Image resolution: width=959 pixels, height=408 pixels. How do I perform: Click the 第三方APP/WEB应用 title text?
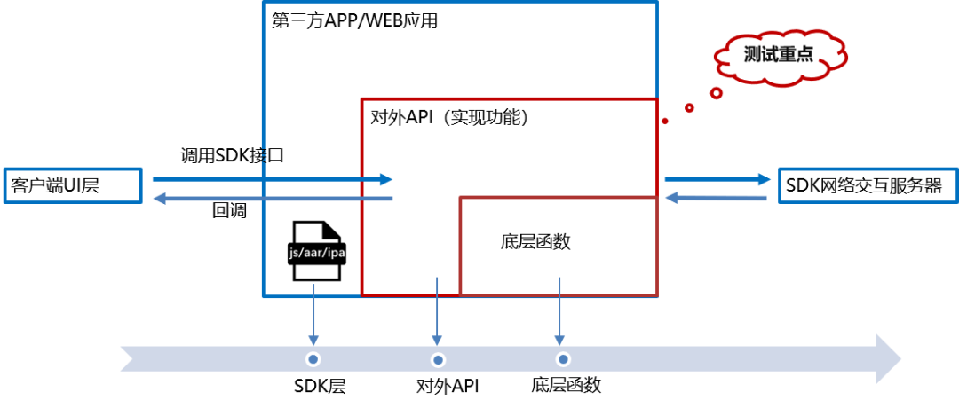[354, 20]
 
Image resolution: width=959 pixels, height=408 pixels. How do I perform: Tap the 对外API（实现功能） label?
[449, 117]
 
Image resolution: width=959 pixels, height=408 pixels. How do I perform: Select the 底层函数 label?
[535, 241]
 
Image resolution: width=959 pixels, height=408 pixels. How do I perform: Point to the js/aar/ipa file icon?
[315, 251]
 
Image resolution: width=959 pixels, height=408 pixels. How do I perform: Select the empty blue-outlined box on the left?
[73, 185]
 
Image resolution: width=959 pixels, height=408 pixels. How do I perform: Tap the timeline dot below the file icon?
[313, 359]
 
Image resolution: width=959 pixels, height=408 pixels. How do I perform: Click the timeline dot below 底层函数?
[562, 359]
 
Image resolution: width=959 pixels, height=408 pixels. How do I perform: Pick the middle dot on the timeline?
[438, 359]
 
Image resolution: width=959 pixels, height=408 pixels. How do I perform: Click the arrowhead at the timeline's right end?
[888, 358]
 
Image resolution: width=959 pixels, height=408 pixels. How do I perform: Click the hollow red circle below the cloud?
[717, 92]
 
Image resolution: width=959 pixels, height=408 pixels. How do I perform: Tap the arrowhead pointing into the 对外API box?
[385, 179]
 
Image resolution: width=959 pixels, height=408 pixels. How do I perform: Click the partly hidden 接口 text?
[272, 155]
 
